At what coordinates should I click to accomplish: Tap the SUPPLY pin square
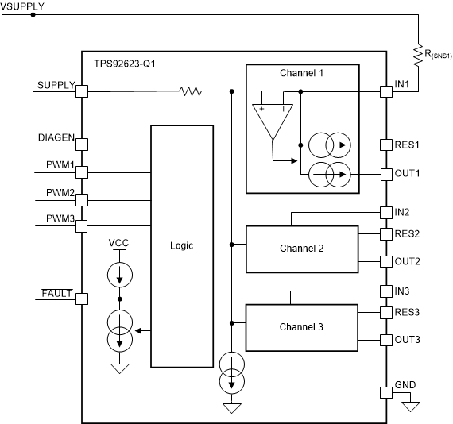point(82,92)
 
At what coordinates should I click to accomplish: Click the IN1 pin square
point(386,92)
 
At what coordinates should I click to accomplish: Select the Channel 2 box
point(301,249)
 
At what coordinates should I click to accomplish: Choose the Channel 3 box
point(301,326)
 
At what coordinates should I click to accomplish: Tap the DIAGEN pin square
point(82,145)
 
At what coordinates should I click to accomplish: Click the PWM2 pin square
point(82,199)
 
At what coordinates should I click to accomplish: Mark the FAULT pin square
point(82,299)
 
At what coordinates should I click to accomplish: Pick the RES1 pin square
point(386,145)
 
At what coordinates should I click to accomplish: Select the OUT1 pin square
point(386,173)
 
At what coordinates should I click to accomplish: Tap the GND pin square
point(386,392)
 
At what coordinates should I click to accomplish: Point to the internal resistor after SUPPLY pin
point(192,92)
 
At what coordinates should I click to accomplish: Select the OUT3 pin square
point(386,340)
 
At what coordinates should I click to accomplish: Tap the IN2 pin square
point(386,213)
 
